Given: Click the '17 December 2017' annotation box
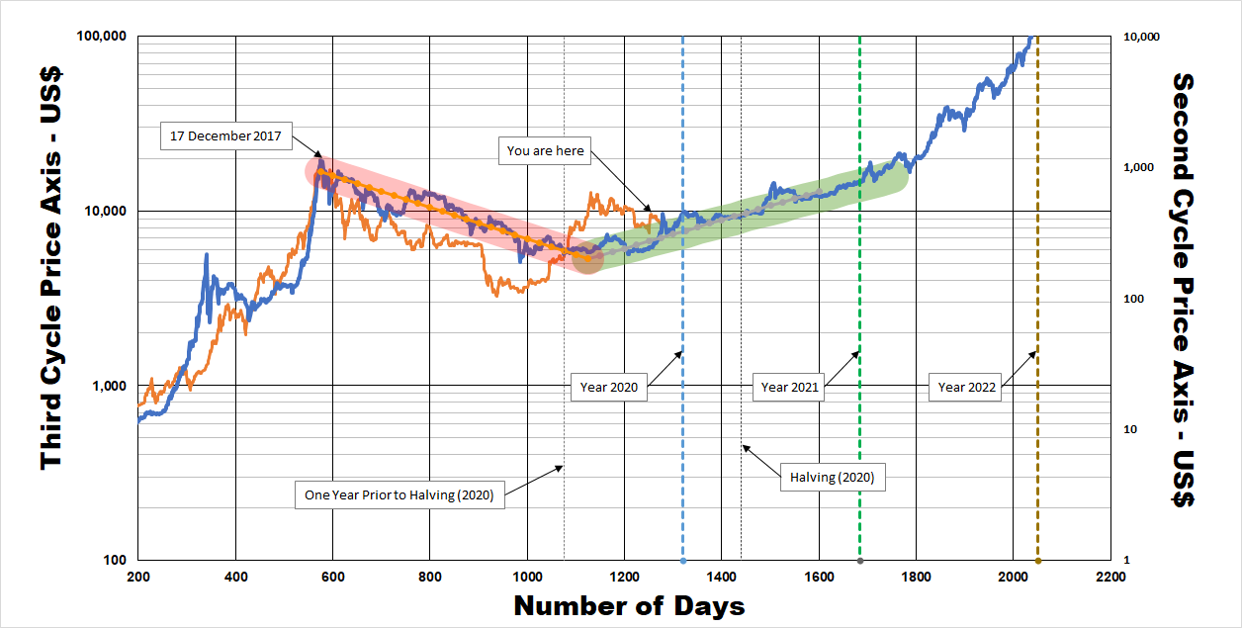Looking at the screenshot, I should [x=226, y=136].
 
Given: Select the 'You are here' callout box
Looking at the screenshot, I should [x=546, y=151].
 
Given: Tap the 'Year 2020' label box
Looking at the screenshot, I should [x=609, y=388].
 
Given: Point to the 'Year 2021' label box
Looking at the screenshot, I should [x=790, y=388].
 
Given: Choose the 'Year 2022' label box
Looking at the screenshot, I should [x=967, y=388].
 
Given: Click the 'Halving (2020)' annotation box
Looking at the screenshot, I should [x=833, y=478].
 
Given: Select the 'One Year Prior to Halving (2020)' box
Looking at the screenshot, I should [x=399, y=493].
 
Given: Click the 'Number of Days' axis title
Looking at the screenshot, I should [x=629, y=605].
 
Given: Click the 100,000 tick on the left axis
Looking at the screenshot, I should [x=102, y=37].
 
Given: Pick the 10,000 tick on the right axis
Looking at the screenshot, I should [x=1142, y=37].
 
